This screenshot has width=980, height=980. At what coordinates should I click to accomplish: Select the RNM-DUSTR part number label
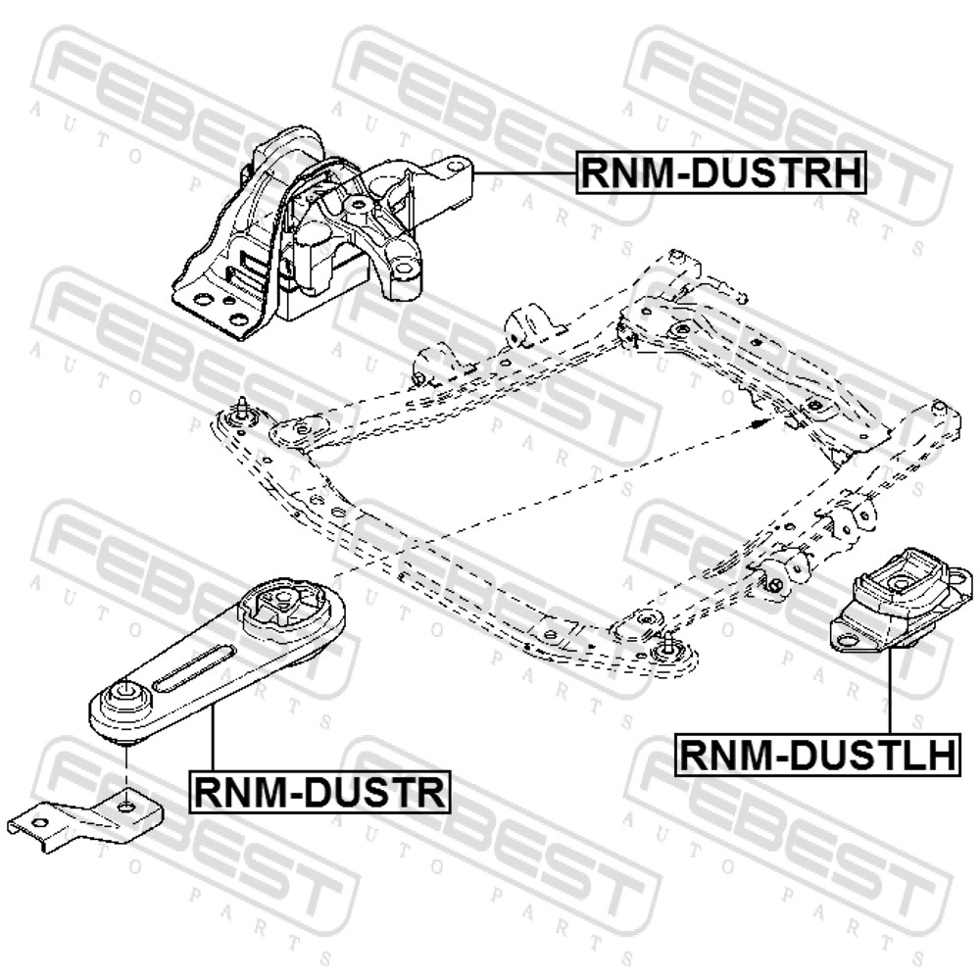coord(319,791)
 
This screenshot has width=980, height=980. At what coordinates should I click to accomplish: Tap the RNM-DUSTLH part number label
coord(817,755)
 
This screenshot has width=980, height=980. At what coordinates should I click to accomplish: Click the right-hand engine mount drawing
coord(321,234)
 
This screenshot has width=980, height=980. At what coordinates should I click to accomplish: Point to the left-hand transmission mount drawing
coord(901,599)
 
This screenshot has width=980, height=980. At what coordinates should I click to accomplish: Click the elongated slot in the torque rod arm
coord(194,668)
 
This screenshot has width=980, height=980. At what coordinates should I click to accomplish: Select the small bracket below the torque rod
coord(86,818)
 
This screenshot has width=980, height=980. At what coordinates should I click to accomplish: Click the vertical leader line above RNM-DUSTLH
coord(889,691)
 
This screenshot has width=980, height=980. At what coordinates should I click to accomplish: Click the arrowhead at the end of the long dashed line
coord(757,423)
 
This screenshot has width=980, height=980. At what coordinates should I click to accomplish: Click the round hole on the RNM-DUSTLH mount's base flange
coord(847,639)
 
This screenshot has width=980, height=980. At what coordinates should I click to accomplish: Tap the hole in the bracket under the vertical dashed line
coord(125,806)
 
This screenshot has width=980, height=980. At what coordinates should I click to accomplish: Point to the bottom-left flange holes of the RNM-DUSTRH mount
coord(219,308)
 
